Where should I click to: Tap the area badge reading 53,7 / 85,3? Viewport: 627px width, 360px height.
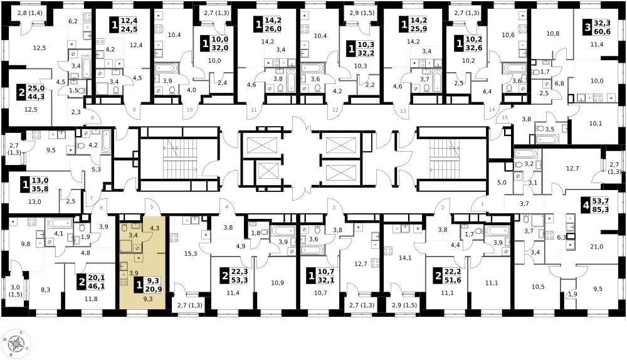(x=596, y=206)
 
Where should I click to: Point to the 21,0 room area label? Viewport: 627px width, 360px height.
(x=596, y=247)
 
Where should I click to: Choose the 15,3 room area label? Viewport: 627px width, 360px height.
(x=191, y=253)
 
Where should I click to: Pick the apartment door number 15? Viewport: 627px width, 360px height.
(x=505, y=118)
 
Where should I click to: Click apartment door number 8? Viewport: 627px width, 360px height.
(x=93, y=118)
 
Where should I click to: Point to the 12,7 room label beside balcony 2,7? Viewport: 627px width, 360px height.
(x=572, y=169)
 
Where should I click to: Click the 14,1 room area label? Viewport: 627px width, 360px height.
(x=405, y=258)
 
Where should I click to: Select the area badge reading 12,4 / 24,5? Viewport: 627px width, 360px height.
(x=124, y=25)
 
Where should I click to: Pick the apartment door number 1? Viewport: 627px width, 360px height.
(x=482, y=204)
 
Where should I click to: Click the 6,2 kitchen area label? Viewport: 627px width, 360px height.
(x=73, y=21)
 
